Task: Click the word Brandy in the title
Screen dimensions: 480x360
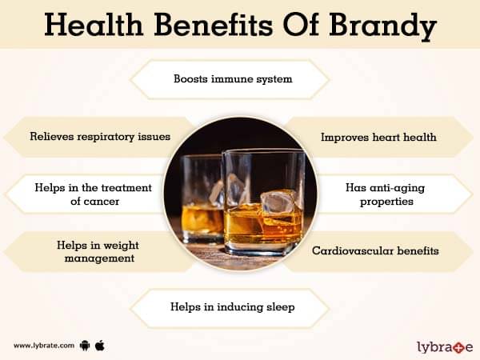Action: point(382,26)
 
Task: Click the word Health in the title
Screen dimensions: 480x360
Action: point(94,25)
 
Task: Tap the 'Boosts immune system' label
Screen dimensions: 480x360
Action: point(233,79)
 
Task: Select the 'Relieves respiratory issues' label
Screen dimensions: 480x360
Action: point(100,137)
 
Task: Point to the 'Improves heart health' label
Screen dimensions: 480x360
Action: point(378,137)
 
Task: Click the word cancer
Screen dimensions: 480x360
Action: point(95,202)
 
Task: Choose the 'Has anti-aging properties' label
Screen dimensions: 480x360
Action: point(386,194)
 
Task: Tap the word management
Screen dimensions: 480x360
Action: point(99,258)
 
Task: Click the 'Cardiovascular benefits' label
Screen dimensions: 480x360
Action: point(375,251)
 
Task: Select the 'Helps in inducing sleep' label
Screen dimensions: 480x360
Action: point(233,307)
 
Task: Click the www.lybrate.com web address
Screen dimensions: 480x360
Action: point(44,346)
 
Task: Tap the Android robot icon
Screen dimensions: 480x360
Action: point(85,346)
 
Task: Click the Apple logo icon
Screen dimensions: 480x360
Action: point(100,346)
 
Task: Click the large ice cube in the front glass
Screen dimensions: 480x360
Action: point(279,202)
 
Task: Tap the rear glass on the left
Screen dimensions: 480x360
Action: point(202,199)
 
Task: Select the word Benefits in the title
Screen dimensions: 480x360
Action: point(213,25)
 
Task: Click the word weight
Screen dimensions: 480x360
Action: point(121,246)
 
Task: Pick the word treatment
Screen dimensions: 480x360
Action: point(126,188)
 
